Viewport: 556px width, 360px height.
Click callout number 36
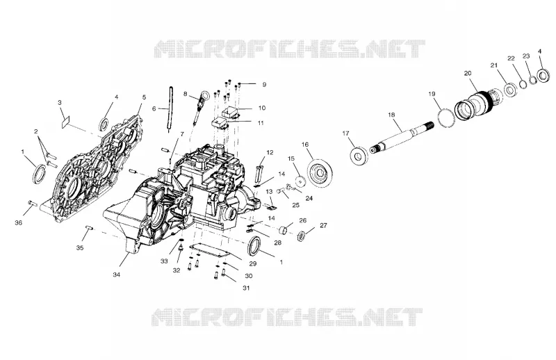(19, 222)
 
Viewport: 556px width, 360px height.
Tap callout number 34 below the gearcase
(117, 275)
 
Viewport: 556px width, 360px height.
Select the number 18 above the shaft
(391, 115)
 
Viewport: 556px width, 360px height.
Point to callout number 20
(468, 73)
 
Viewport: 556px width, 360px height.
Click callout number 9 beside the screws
(264, 85)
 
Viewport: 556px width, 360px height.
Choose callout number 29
(253, 264)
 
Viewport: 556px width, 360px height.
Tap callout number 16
(305, 145)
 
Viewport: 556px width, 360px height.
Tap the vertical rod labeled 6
(170, 109)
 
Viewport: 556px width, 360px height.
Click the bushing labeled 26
(286, 231)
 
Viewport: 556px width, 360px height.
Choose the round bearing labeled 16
(320, 173)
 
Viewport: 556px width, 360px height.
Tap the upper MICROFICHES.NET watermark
(290, 49)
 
